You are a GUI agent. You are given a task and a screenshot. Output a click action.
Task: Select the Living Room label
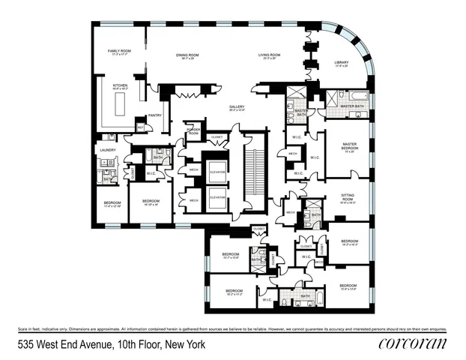pyautogui.click(x=269, y=56)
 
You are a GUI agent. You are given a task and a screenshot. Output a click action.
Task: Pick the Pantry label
pyautogui.click(x=155, y=115)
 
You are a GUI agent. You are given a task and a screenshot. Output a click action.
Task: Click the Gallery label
pyautogui.click(x=237, y=108)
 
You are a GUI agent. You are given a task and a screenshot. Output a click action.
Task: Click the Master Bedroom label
pyautogui.click(x=348, y=145)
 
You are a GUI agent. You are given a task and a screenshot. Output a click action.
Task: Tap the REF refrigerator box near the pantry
pyautogui.click(x=139, y=128)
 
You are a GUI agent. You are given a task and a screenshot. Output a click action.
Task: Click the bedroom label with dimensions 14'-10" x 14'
pyautogui.click(x=151, y=202)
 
